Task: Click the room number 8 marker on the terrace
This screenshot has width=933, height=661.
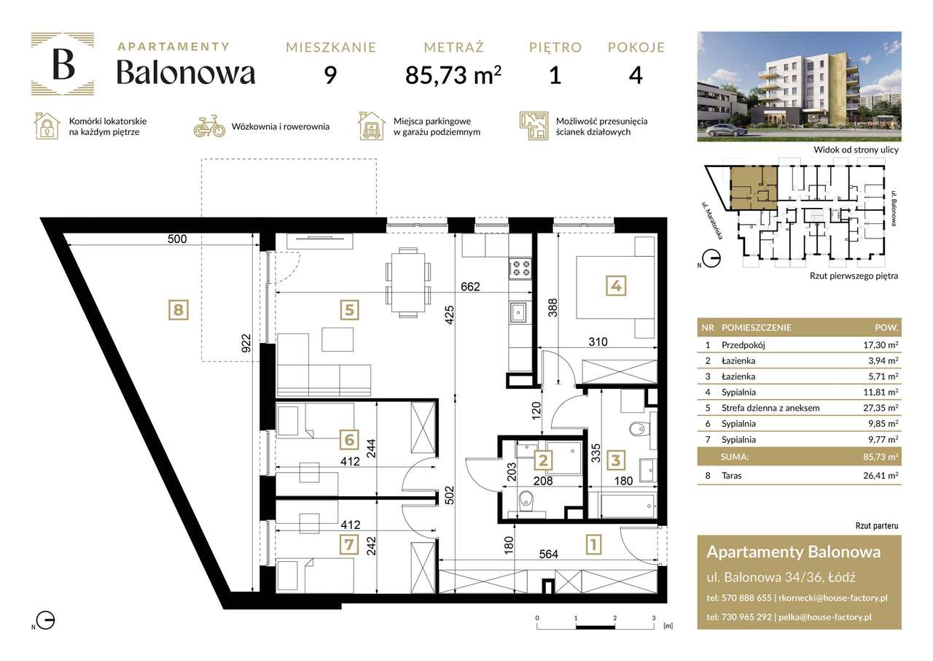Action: (176, 310)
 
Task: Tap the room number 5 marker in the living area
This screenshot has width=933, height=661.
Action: (350, 310)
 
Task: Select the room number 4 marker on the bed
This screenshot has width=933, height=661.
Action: (616, 287)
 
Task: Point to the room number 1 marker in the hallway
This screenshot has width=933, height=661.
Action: (594, 544)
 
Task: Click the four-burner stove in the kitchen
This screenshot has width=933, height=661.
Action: (520, 268)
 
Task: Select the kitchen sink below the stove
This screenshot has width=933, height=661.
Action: (520, 314)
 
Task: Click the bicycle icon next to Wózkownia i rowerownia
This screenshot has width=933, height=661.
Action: (209, 126)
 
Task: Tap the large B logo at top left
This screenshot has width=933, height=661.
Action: (63, 64)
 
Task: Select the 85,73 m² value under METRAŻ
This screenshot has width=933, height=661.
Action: (453, 74)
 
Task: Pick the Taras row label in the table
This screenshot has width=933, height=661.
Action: (733, 476)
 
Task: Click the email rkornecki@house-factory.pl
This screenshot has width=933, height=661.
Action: (832, 598)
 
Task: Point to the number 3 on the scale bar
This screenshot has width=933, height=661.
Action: (654, 617)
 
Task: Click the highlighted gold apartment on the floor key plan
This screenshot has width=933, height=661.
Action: (754, 185)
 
